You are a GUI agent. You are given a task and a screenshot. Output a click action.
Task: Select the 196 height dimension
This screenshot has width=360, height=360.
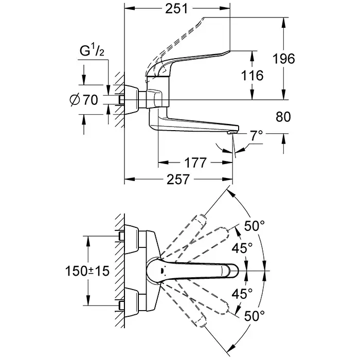coord(284,59)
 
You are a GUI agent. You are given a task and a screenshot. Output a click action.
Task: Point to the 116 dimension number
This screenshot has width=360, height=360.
coord(252,76)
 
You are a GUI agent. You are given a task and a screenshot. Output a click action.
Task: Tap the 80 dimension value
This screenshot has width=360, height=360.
coord(283,117)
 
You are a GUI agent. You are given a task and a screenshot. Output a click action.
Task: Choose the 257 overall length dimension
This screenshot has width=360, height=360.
coord(176,180)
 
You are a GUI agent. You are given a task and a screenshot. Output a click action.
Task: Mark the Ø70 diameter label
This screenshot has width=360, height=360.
coord(83,100)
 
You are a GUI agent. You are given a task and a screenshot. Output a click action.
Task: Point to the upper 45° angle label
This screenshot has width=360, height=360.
coord(243,248)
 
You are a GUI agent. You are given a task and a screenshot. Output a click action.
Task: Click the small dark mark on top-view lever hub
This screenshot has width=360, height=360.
coord(163,271)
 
